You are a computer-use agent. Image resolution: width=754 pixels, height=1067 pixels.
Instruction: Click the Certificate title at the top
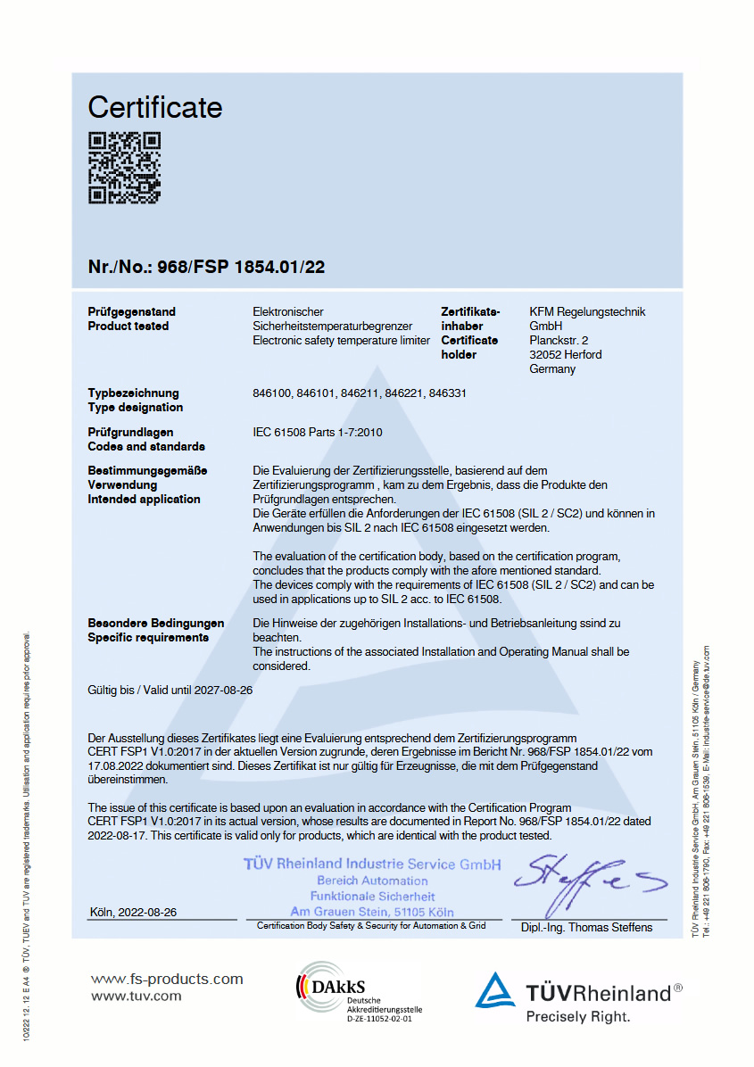pyautogui.click(x=154, y=108)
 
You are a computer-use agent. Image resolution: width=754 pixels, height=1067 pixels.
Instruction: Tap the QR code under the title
pyautogui.click(x=124, y=168)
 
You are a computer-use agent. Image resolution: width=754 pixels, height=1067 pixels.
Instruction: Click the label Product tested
pyautogui.click(x=128, y=327)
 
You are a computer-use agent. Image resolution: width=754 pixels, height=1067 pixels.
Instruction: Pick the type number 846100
pyautogui.click(x=271, y=393)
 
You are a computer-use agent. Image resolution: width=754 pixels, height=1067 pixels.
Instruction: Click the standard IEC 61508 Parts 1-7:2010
pyautogui.click(x=318, y=433)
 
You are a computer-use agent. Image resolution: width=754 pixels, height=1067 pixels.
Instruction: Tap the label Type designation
pyautogui.click(x=135, y=408)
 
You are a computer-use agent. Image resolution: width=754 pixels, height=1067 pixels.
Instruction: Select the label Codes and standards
pyautogui.click(x=146, y=447)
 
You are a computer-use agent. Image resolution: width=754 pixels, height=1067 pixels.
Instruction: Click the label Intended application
pyautogui.click(x=144, y=500)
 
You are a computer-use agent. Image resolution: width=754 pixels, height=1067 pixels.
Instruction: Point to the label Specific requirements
pyautogui.click(x=148, y=638)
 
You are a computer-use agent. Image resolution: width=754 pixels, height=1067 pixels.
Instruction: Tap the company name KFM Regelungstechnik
pyautogui.click(x=587, y=312)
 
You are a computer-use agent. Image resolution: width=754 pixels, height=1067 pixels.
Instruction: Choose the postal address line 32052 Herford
pyautogui.click(x=566, y=355)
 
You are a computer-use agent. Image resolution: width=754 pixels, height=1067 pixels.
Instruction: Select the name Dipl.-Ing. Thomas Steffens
pyautogui.click(x=586, y=928)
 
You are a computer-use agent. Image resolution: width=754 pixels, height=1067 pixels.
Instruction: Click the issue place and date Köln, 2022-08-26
pyautogui.click(x=134, y=913)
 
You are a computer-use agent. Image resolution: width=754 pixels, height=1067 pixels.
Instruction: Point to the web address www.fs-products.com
pyautogui.click(x=167, y=980)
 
